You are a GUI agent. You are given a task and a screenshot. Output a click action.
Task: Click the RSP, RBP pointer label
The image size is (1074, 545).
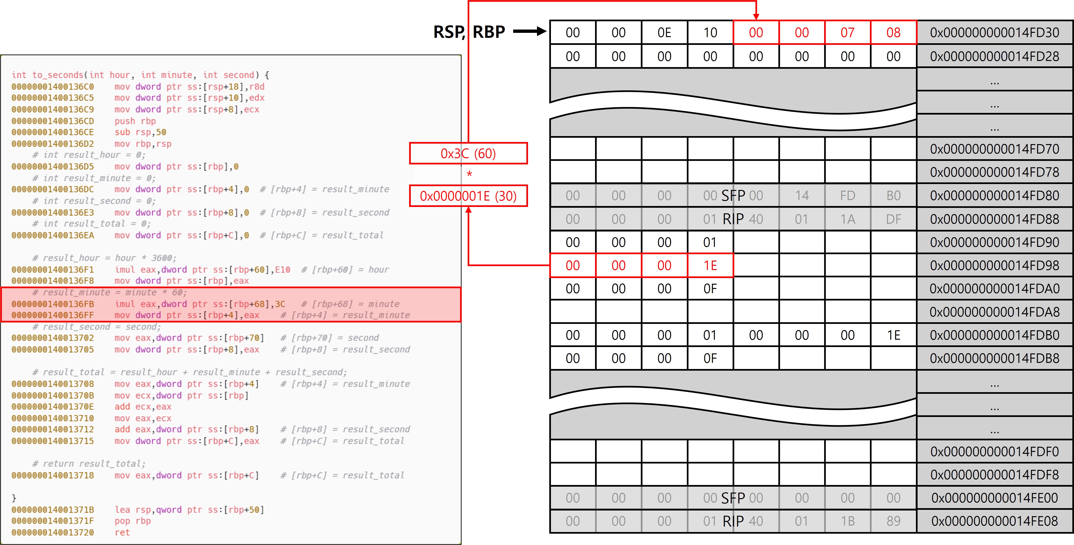coord(469,32)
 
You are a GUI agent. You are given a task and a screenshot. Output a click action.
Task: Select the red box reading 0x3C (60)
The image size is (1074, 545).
coord(468,154)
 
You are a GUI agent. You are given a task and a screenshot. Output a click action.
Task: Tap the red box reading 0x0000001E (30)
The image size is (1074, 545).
coord(468,196)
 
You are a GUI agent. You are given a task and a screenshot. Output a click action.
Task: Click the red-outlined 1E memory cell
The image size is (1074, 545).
coord(710,265)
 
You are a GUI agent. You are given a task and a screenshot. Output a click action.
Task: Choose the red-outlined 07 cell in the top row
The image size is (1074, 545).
coord(847,33)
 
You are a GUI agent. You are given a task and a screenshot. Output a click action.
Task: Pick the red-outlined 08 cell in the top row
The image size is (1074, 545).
coord(893,33)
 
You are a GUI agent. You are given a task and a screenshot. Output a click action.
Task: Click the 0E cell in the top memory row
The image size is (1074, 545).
coord(664,33)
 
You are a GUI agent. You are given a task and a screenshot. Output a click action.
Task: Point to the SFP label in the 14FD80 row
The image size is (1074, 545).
coord(733,196)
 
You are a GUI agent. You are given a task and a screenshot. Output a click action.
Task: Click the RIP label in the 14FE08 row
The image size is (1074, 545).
coord(733,521)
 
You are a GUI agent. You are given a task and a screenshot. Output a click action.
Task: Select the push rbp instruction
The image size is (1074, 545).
coord(135,121)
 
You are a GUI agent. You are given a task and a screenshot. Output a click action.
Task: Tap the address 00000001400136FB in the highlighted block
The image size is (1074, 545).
coord(53,304)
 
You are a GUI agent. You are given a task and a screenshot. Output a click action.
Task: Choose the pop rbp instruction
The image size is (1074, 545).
coord(133,521)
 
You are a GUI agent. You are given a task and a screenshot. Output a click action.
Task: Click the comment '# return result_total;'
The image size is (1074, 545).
coord(89,464)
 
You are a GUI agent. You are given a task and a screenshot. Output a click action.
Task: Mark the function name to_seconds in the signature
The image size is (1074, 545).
coord(58,75)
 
